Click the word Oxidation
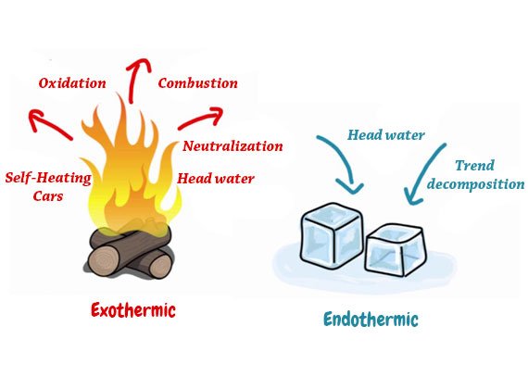[72, 83]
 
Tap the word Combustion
[197, 83]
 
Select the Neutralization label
[233, 146]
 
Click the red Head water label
[216, 179]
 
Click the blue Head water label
[386, 135]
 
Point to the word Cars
[48, 196]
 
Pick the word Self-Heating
[48, 178]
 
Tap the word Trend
[474, 166]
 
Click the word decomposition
[475, 184]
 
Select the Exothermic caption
[133, 310]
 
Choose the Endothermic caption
[371, 319]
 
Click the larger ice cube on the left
[332, 234]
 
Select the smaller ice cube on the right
[396, 250]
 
